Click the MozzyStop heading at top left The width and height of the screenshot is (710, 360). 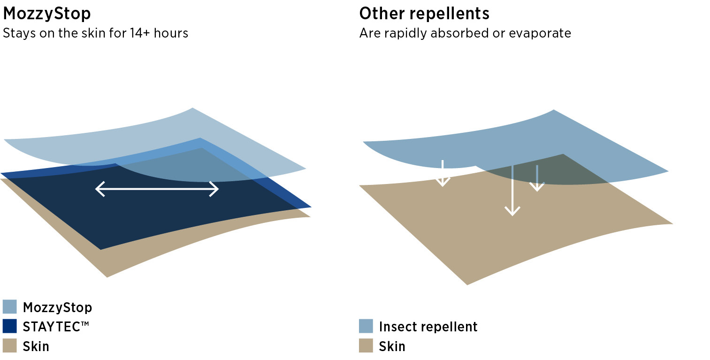tap(47, 14)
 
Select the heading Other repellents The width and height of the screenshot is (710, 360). tap(424, 14)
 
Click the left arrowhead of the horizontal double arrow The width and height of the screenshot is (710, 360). tap(98, 189)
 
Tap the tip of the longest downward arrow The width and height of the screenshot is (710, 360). tap(512, 214)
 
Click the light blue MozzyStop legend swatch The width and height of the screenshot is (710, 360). tap(10, 307)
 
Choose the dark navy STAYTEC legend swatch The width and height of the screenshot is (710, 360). tap(10, 326)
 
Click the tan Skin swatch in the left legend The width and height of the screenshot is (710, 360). tap(10, 346)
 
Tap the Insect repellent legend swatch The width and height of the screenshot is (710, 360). tap(366, 326)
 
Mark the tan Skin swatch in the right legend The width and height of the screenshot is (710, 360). tap(366, 346)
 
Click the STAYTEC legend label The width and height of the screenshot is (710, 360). tap(55, 327)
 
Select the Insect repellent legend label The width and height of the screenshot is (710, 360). tap(428, 327)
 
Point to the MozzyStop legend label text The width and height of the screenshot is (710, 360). tap(57, 307)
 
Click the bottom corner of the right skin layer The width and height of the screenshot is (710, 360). tap(467, 284)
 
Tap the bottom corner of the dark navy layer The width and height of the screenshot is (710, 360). tap(101, 249)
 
